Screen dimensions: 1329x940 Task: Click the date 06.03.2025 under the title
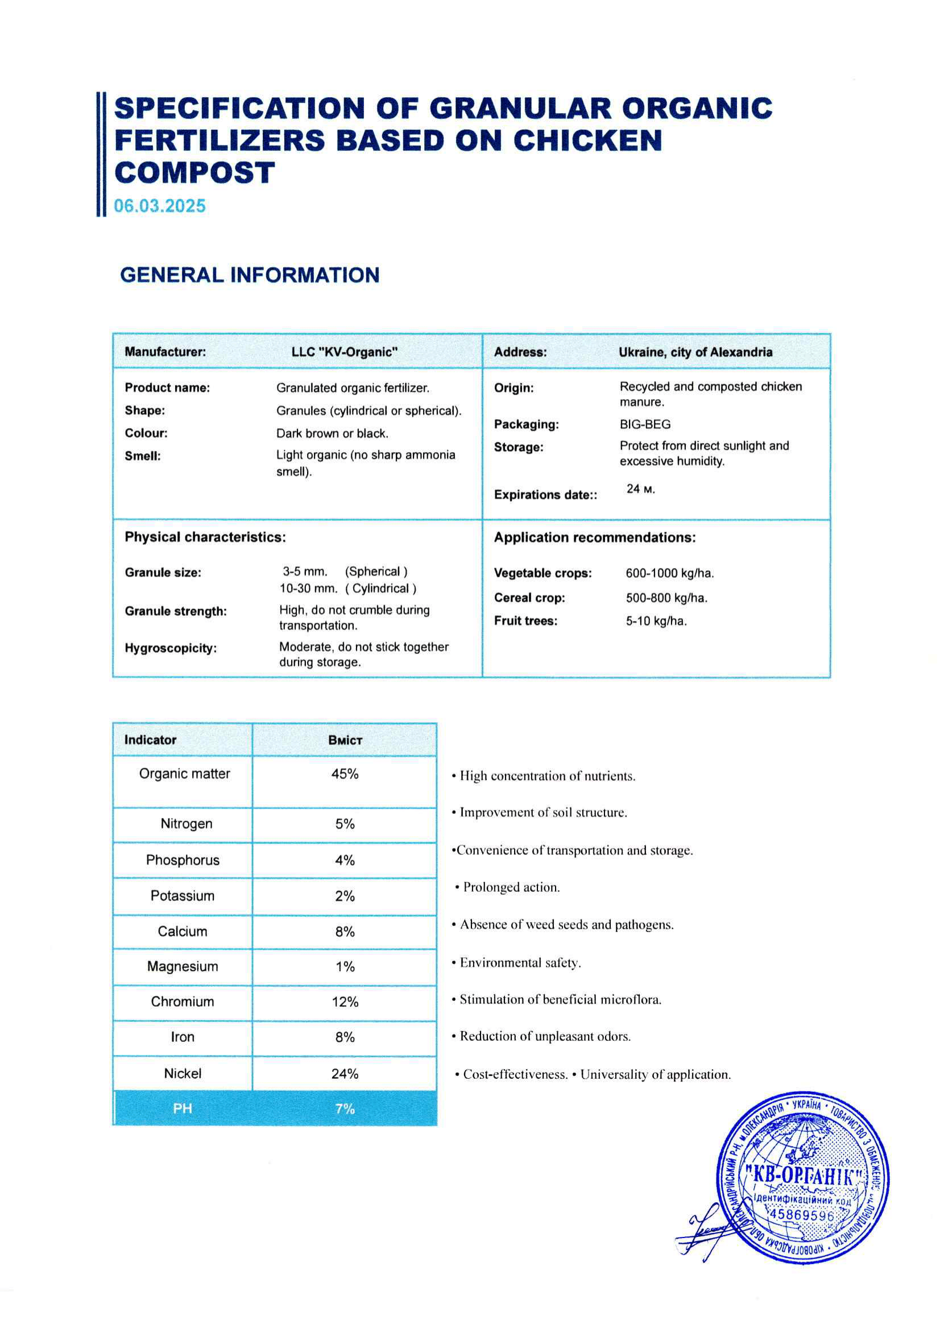coord(160,206)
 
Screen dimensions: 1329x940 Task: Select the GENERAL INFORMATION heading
coord(250,275)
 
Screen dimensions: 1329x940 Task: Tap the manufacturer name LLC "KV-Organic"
coord(345,352)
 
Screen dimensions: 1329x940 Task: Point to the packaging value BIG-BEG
coord(645,424)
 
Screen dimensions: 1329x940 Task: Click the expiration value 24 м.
coord(640,489)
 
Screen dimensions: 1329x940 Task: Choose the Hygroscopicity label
coord(171,648)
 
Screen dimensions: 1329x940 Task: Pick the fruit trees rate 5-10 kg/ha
coord(656,622)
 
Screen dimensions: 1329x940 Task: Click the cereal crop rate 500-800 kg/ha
coord(666,598)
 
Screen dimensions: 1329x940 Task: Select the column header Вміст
coord(345,740)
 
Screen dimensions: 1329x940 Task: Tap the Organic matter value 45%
coord(345,774)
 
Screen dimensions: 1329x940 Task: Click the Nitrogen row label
coord(187,823)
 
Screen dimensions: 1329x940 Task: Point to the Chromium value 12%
coord(345,1002)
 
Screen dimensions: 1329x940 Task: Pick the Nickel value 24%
coord(345,1074)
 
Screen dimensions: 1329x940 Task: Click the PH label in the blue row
coord(183,1108)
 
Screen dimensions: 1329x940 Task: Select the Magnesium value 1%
coord(345,967)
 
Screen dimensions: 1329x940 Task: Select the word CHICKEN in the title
coord(587,140)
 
